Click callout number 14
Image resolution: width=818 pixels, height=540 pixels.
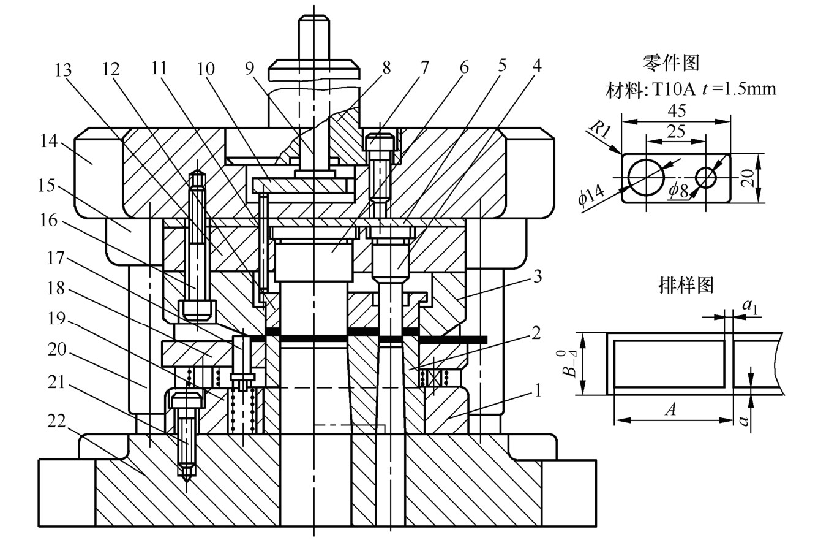(x=49, y=141)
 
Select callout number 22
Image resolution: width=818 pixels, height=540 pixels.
(x=56, y=422)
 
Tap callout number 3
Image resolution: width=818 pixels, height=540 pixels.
(x=537, y=276)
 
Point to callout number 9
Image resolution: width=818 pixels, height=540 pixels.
(x=250, y=69)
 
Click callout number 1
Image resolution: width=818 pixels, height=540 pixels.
(x=538, y=391)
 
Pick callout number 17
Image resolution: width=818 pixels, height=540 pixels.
(x=56, y=258)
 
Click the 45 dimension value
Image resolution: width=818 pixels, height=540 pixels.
(x=677, y=111)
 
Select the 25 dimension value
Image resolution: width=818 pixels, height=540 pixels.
(x=676, y=131)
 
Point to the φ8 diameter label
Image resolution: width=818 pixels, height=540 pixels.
(x=678, y=190)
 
